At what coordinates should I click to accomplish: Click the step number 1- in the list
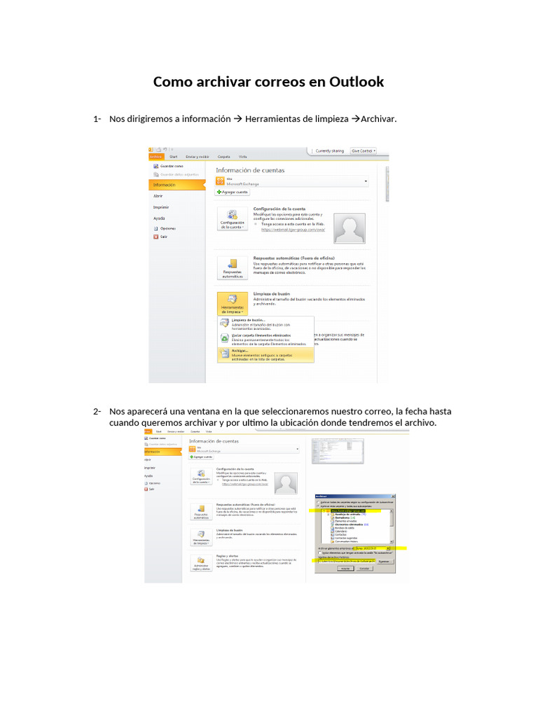coord(97,119)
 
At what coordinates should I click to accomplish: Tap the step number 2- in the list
coord(97,411)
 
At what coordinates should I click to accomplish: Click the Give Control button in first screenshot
coord(363,151)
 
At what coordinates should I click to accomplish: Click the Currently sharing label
coord(329,151)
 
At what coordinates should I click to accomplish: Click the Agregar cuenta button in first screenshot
coord(233,192)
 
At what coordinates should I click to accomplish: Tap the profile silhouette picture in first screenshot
coord(349,228)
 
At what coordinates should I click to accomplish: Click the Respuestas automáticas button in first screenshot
coord(232,269)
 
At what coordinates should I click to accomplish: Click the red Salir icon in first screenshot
coord(156,237)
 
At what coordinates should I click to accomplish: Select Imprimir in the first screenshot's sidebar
coord(161,207)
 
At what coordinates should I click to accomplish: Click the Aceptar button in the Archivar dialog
coord(345,569)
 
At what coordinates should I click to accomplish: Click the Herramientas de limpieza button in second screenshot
coord(201,538)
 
